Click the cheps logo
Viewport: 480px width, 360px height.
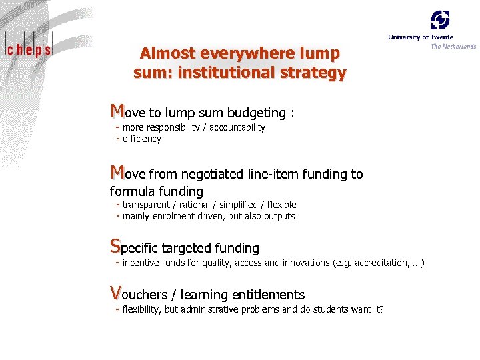28,47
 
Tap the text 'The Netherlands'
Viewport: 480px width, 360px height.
453,47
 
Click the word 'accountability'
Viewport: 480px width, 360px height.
237,127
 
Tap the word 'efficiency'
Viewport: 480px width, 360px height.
142,139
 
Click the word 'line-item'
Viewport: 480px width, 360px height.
273,175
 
